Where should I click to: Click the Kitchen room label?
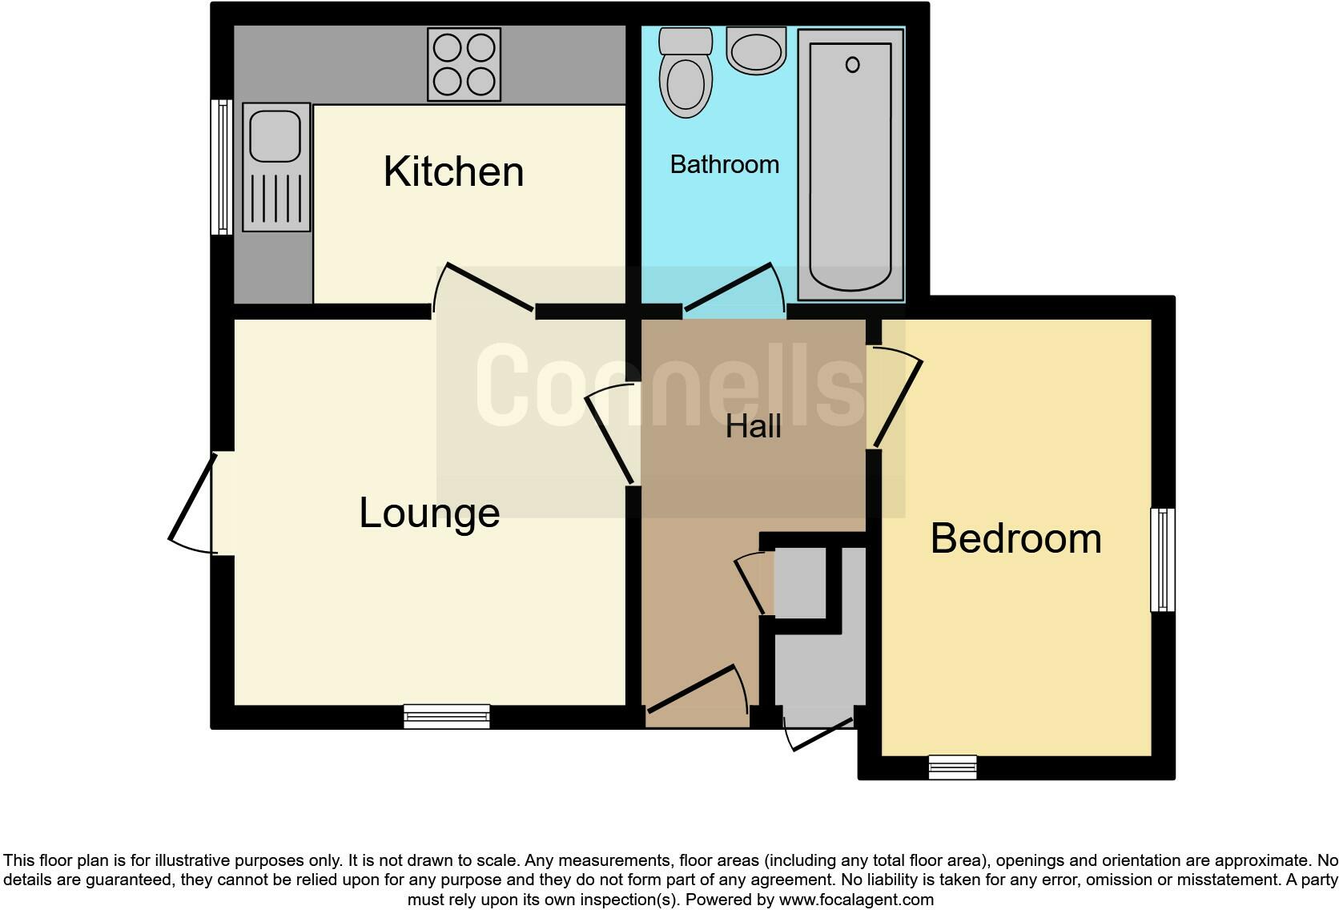(453, 171)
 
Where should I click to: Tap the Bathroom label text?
(724, 164)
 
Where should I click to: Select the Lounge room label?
(429, 513)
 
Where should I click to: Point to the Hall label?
(753, 426)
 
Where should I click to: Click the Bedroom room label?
(1015, 538)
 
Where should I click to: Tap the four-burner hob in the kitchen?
(464, 65)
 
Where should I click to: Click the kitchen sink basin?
(275, 136)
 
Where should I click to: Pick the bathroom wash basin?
(756, 51)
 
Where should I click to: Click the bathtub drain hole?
(852, 65)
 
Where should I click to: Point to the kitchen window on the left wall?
(221, 167)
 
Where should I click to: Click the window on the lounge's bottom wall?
(447, 715)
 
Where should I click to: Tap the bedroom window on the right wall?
(1163, 559)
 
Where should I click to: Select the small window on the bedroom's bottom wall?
(952, 767)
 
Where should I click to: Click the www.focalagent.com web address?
(856, 900)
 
